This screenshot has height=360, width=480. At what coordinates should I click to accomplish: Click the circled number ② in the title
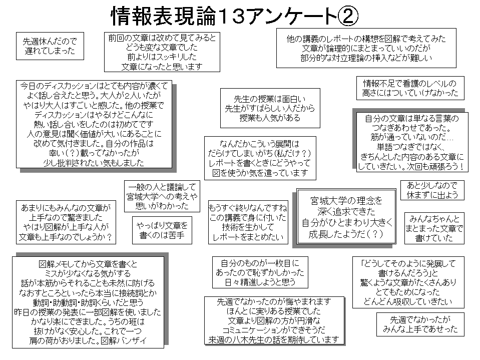coord(347,16)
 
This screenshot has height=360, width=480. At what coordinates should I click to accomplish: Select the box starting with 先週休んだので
coord(50,46)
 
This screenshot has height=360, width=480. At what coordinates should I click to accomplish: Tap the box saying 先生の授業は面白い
coord(270,108)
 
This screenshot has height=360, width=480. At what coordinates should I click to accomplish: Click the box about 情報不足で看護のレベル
coord(410,88)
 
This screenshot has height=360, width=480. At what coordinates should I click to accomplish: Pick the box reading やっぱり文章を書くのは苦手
coord(162,230)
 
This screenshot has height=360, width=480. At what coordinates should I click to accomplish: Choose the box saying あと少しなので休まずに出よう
coord(432,190)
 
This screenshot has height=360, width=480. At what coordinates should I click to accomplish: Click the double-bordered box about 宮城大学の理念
coord(346,216)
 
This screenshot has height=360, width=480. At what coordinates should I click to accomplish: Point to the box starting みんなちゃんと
coord(434,228)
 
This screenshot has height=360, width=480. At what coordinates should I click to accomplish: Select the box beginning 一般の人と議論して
coord(162,196)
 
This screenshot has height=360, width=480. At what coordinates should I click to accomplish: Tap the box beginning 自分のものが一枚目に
coord(260,272)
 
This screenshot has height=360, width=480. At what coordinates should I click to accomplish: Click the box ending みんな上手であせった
coord(420,324)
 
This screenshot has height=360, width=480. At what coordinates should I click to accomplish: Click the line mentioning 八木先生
coord(274,339)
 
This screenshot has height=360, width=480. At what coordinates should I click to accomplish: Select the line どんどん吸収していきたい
coord(408,301)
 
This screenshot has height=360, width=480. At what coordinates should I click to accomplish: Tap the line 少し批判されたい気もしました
coord(94,163)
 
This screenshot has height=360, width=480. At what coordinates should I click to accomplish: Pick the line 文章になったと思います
coord(162,67)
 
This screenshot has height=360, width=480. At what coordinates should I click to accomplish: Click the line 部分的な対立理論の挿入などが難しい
coord(366,58)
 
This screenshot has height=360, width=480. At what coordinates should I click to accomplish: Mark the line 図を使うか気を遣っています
coord(260,173)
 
